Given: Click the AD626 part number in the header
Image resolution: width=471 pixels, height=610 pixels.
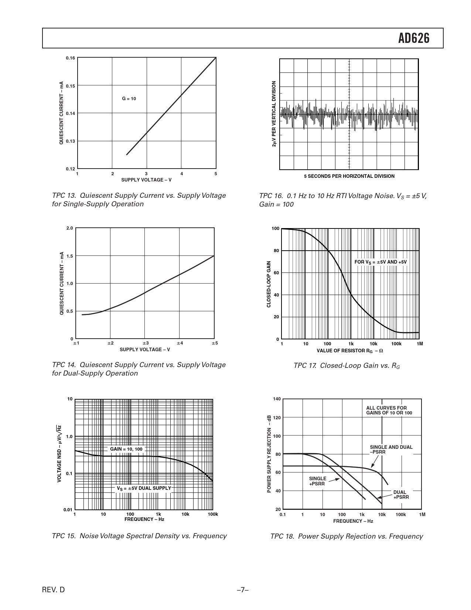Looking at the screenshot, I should pyautogui.click(x=414, y=38).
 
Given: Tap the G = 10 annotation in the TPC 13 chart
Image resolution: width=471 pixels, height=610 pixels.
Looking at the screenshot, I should pyautogui.click(x=129, y=99).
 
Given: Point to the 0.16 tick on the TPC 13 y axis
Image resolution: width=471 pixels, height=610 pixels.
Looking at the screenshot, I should pyautogui.click(x=70, y=58).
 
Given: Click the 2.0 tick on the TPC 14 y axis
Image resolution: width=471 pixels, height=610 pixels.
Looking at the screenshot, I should pyautogui.click(x=69, y=228).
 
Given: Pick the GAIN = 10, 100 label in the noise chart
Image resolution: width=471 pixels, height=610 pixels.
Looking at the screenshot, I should pyautogui.click(x=126, y=449).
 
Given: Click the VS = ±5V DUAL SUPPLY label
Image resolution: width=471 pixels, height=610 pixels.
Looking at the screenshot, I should pyautogui.click(x=144, y=488).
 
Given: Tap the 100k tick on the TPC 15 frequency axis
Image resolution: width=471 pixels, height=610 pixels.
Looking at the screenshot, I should pyautogui.click(x=213, y=514).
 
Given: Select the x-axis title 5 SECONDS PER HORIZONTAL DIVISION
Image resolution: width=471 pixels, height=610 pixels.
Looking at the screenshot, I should pyautogui.click(x=349, y=176).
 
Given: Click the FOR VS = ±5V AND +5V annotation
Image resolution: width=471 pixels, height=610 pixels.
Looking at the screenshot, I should pyautogui.click(x=380, y=262).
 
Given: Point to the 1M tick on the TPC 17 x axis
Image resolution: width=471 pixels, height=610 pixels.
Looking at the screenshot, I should pyautogui.click(x=419, y=344).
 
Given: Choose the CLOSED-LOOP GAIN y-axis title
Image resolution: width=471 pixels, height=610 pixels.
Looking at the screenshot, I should pyautogui.click(x=269, y=284).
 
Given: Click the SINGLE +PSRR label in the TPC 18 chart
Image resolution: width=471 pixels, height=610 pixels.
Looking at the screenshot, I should pyautogui.click(x=317, y=481).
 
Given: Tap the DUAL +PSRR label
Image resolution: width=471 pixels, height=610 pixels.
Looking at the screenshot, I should pyautogui.click(x=401, y=495).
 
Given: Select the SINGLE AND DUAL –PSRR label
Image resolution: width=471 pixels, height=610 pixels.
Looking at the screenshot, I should pyautogui.click(x=391, y=449).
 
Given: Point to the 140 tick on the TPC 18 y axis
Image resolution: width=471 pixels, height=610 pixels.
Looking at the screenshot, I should pyautogui.click(x=277, y=399).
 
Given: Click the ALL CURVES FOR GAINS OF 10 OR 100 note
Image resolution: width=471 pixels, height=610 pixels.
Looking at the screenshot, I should pyautogui.click(x=389, y=410).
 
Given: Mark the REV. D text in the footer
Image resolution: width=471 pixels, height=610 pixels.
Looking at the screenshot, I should pyautogui.click(x=54, y=590).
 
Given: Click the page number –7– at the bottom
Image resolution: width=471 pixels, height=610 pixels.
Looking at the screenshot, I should pyautogui.click(x=242, y=590).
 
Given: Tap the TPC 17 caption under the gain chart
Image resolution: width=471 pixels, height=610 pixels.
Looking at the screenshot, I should pyautogui.click(x=347, y=366).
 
